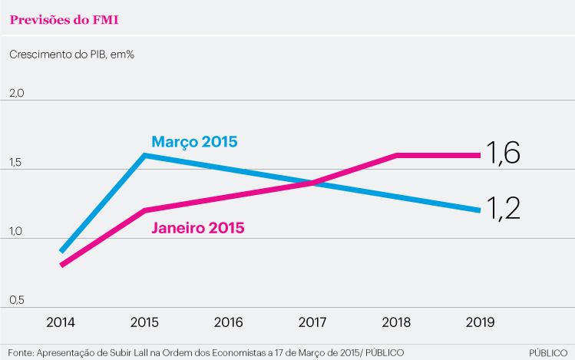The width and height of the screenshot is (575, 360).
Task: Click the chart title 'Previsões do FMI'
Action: click(64, 20)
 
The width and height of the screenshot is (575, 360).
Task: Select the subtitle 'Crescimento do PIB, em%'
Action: click(72, 54)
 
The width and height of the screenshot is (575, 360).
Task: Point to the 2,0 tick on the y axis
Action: click(16, 93)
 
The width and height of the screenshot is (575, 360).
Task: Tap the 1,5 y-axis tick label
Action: click(15, 163)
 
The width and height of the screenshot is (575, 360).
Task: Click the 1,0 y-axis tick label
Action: click(16, 231)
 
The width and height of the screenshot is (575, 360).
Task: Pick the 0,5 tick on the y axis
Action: click(16, 300)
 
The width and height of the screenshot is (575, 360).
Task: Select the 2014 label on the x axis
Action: click(61, 322)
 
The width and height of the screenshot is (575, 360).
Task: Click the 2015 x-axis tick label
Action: click(144, 322)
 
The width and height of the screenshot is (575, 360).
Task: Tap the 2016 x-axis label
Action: click(229, 322)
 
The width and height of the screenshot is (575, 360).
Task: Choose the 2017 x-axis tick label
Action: click(312, 322)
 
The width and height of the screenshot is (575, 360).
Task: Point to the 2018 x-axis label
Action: click(396, 322)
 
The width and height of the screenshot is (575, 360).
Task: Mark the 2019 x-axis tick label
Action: click(480, 322)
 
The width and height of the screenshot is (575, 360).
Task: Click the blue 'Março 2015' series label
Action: click(194, 142)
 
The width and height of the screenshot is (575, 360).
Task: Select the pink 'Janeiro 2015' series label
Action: click(198, 228)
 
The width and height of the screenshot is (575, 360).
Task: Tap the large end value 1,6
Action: click(503, 154)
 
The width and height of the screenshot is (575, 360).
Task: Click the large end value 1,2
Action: click(503, 209)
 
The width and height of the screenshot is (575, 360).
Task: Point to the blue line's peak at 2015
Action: click(145, 155)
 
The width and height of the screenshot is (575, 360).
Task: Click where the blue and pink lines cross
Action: click(313, 183)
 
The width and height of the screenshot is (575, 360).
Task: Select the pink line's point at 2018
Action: click(396, 156)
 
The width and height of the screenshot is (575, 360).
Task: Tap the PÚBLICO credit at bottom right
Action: click(548, 353)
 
